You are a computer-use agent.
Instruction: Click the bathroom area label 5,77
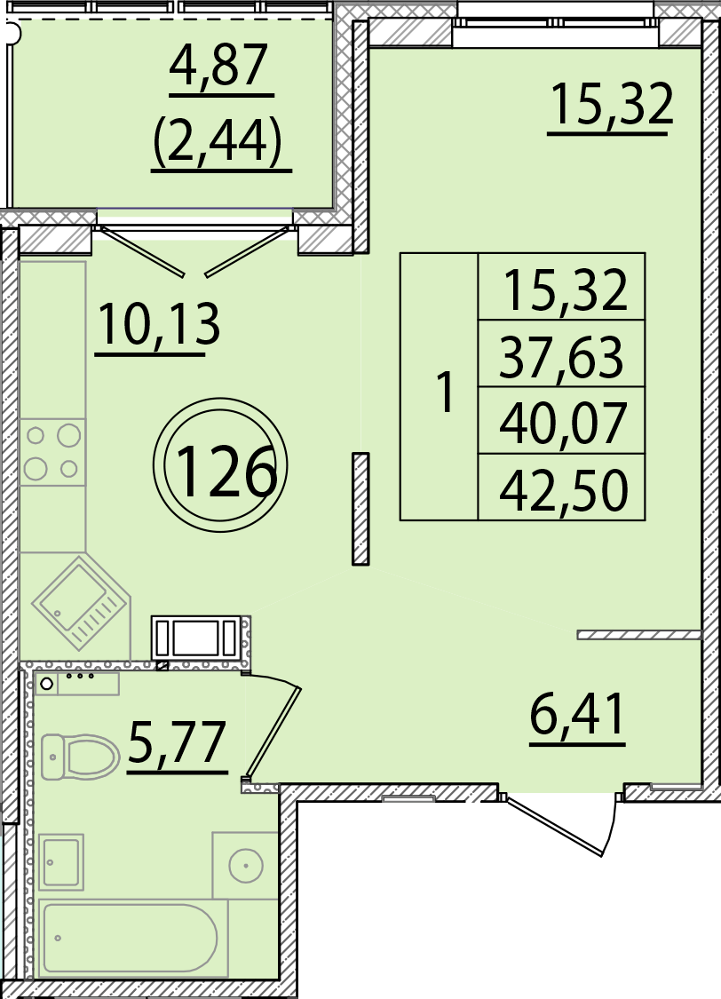coord(177,742)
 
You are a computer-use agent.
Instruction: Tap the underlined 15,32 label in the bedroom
coord(612,105)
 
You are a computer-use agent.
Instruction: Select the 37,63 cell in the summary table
coord(561,358)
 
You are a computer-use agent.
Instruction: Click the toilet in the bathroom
coord(80,757)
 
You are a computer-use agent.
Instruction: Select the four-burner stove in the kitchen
coord(52,452)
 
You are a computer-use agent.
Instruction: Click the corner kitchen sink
coord(81,603)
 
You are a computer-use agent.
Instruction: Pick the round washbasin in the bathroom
coord(246,865)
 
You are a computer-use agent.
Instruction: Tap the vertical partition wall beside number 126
coord(360,509)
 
